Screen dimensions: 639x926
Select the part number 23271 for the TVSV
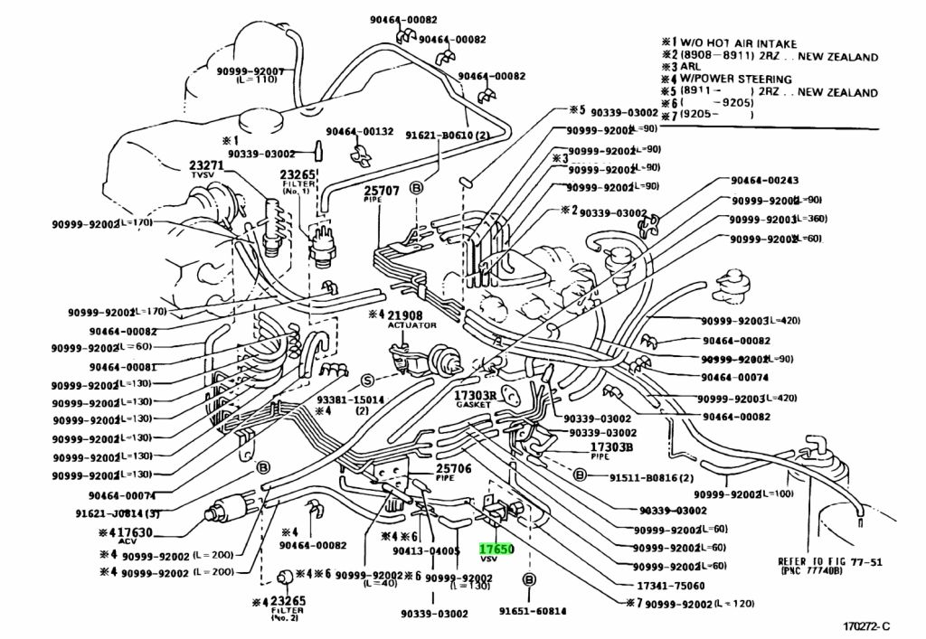tap(206, 165)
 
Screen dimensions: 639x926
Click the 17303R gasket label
tap(476, 396)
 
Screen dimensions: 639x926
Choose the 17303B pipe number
tap(612, 446)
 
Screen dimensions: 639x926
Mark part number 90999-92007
tap(250, 70)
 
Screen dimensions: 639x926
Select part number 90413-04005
tap(427, 550)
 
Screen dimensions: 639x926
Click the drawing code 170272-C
tap(865, 625)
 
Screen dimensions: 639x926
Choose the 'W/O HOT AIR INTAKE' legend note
tap(742, 42)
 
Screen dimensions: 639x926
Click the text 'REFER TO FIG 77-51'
tap(830, 560)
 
